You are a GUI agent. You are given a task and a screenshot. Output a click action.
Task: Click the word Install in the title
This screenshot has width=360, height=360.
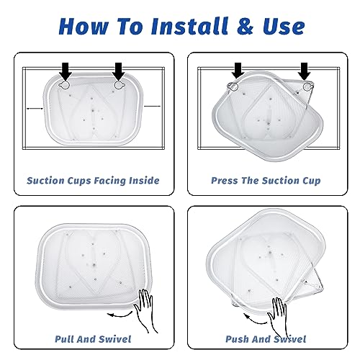tap(189, 26)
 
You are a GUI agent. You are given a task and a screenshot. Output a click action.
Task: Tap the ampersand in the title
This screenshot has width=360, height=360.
tap(245, 26)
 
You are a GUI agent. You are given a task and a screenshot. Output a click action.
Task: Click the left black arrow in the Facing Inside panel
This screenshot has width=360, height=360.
tap(66, 71)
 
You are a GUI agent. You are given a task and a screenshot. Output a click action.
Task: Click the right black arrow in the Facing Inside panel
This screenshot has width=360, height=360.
tap(119, 71)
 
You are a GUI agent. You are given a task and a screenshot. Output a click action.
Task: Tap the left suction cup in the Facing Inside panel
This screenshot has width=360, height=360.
tap(64, 85)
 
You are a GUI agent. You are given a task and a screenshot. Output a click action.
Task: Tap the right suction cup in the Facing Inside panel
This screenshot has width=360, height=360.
tap(119, 85)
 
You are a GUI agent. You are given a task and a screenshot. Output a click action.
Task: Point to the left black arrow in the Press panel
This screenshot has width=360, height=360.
tap(238, 71)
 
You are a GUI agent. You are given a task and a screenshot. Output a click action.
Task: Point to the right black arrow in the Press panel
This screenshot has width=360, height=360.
tap(305, 71)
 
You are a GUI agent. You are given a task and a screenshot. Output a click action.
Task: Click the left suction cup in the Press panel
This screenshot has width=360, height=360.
tap(233, 86)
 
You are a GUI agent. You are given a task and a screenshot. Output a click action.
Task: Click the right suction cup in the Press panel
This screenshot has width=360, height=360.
tap(307, 86)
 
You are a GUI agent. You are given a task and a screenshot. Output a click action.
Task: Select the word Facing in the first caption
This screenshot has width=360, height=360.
tap(109, 181)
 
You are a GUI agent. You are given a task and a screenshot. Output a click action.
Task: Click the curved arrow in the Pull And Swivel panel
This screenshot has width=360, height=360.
tap(120, 314)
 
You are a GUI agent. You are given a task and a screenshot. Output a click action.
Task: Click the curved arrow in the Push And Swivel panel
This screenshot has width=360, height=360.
tap(255, 320)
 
